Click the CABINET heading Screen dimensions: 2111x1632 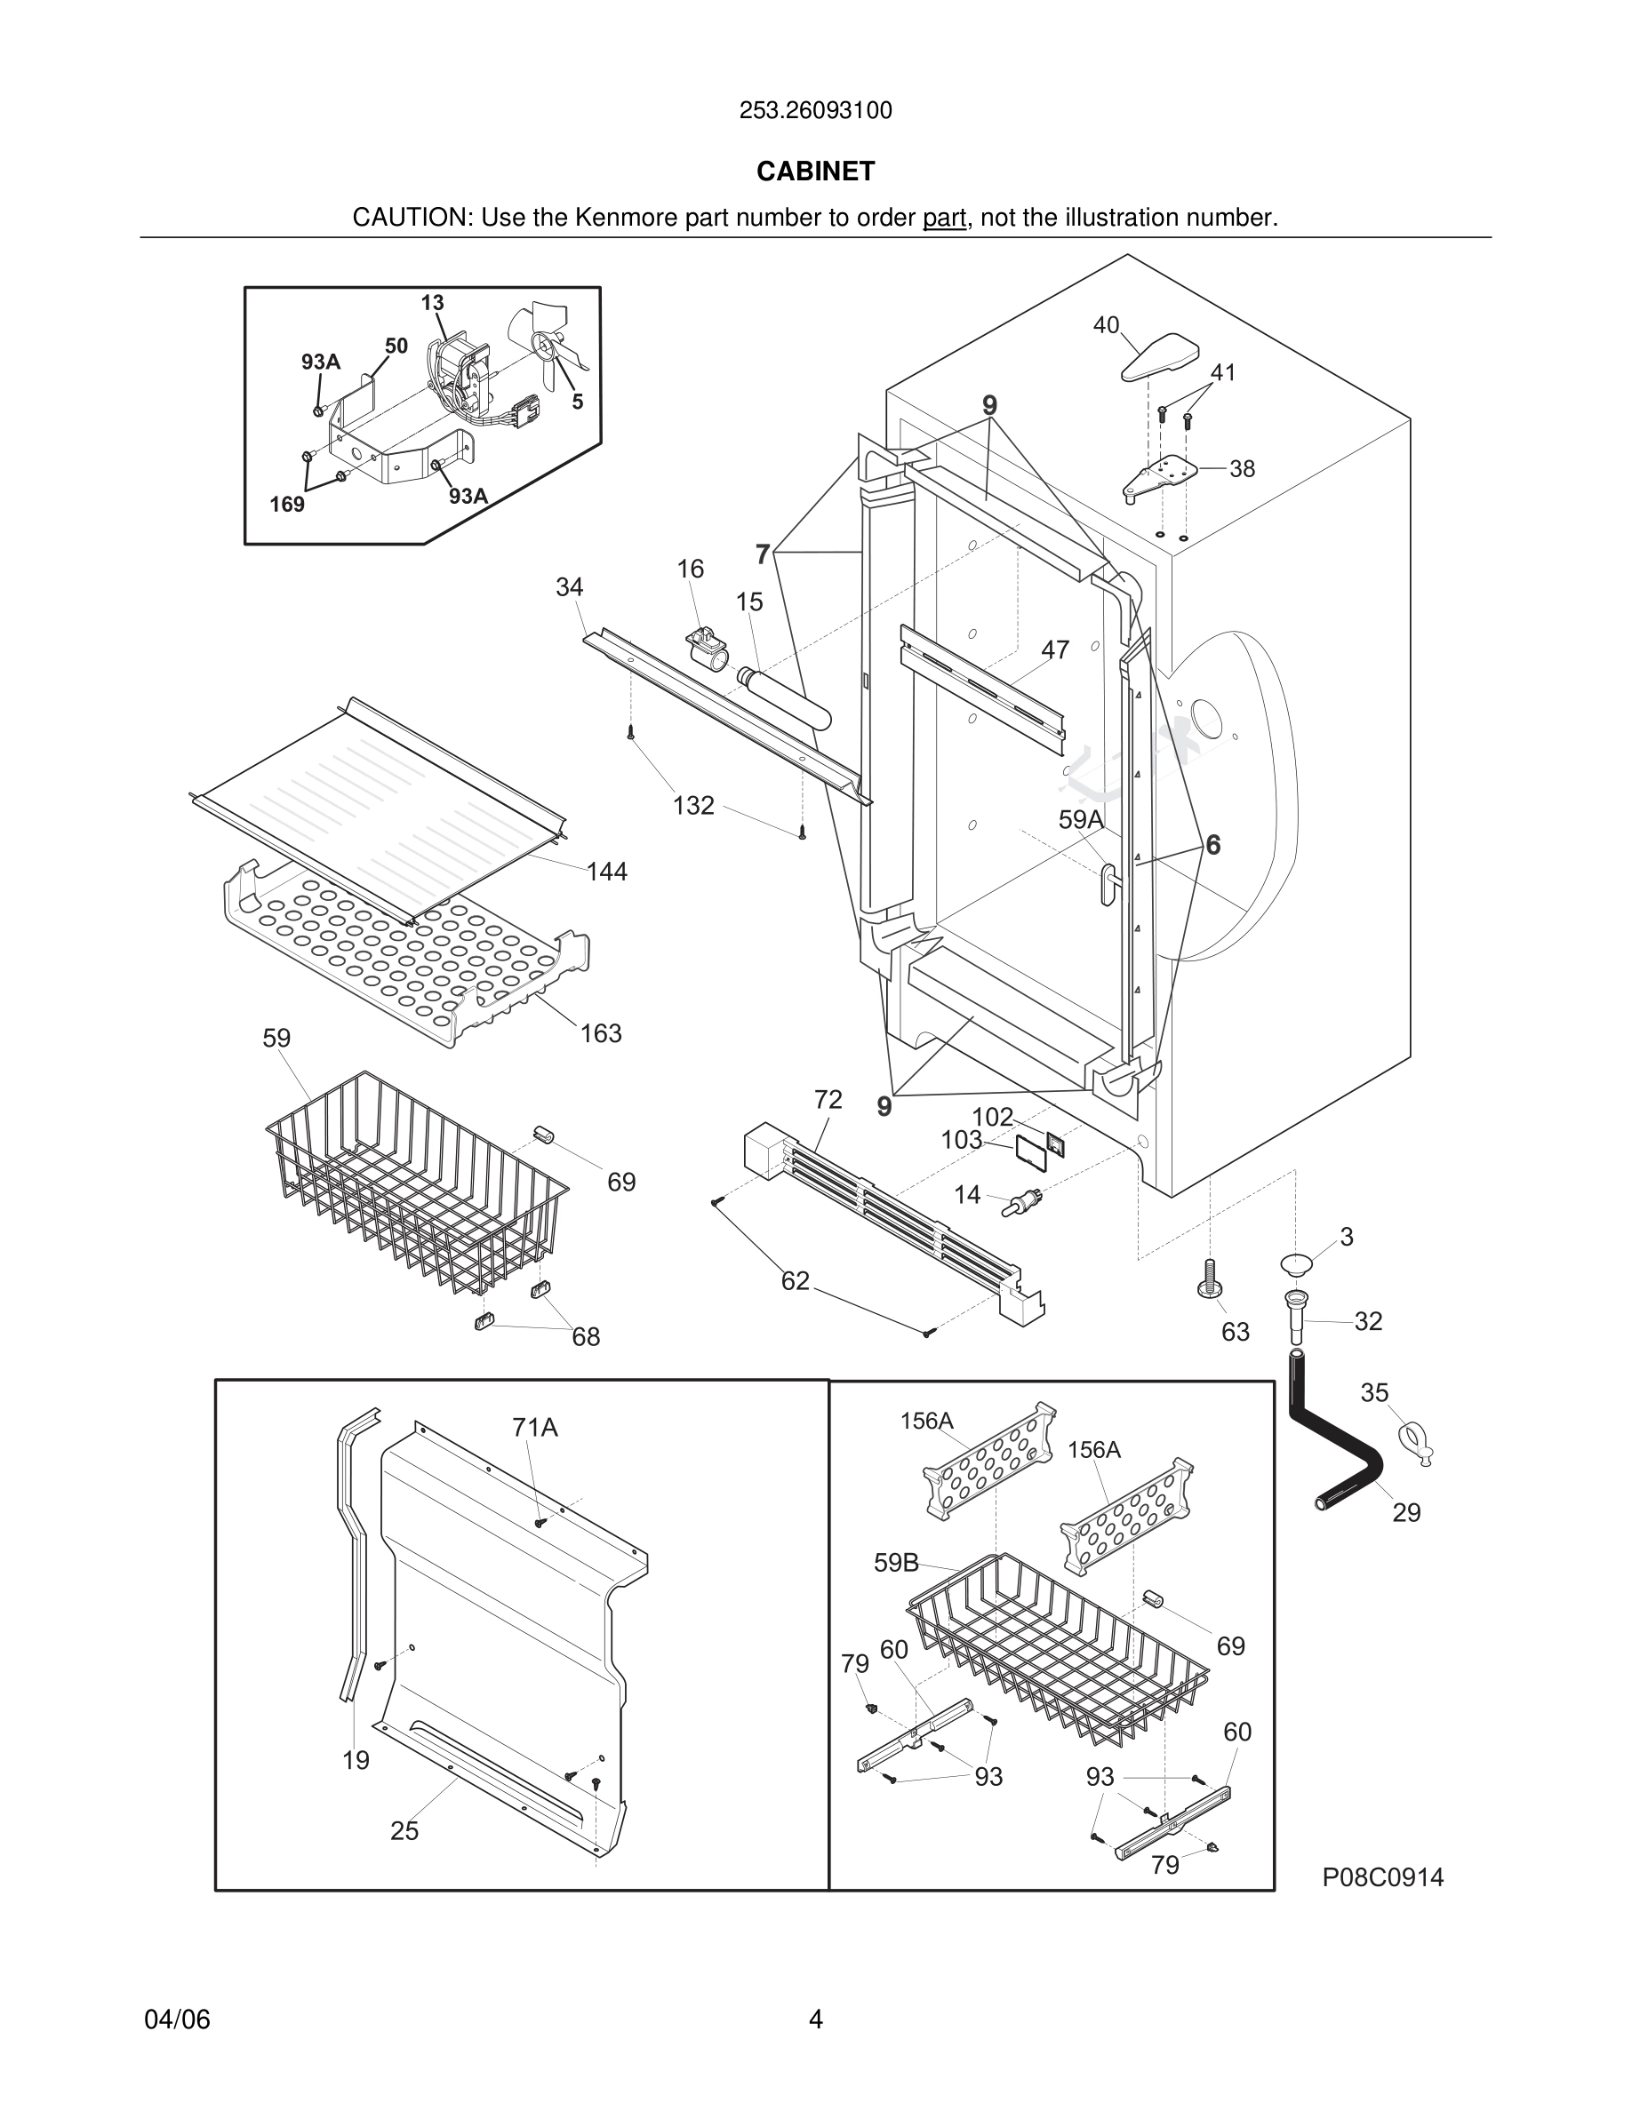click(x=815, y=171)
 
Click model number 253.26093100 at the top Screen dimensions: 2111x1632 click(x=815, y=111)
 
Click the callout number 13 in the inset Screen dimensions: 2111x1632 click(x=432, y=303)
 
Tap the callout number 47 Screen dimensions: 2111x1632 click(x=1055, y=649)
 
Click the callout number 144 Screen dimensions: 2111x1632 click(x=606, y=872)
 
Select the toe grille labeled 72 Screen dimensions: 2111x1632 click(x=890, y=1218)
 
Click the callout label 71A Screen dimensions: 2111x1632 click(x=534, y=1427)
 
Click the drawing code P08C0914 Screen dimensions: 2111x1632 click(x=1382, y=1877)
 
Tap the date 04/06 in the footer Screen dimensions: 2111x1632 click(x=177, y=2019)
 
